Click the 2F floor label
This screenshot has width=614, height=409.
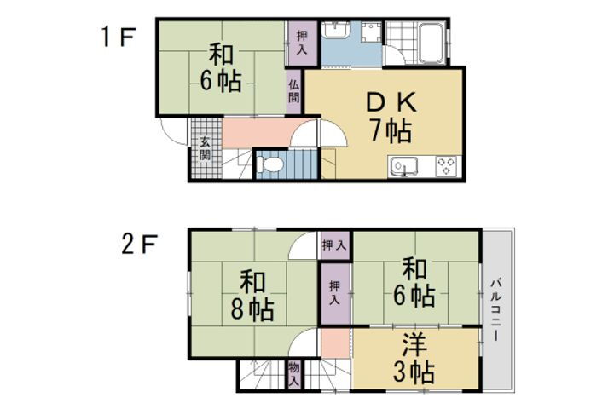(x=136, y=245)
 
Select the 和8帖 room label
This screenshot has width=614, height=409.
(x=250, y=295)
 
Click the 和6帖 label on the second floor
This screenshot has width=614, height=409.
(x=414, y=283)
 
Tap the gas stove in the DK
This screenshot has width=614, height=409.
(x=448, y=166)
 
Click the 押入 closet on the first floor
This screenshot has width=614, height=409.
(x=302, y=41)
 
